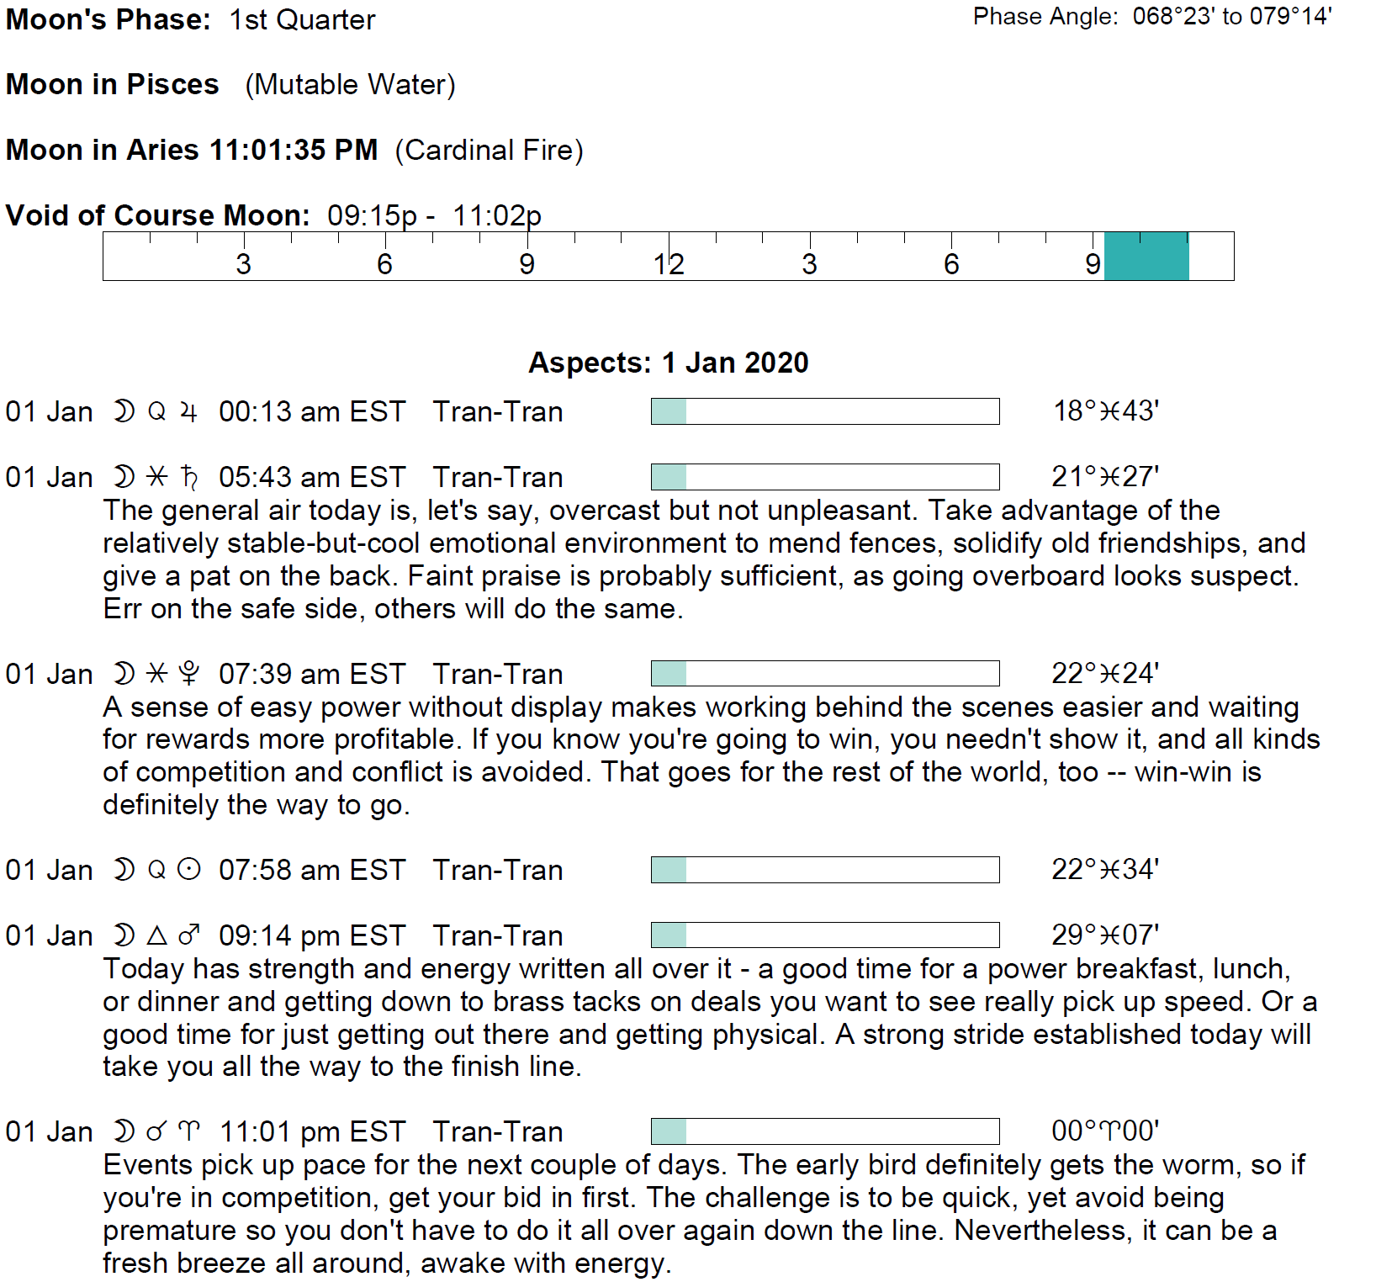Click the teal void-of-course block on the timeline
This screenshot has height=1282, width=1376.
point(1146,256)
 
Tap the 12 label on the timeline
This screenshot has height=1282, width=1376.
point(669,264)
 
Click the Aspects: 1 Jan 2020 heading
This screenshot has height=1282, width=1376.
point(669,363)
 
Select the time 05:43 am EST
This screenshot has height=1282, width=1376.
point(312,478)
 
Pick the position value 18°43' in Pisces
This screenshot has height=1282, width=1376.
point(1106,411)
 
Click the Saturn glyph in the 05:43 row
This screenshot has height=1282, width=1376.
point(190,478)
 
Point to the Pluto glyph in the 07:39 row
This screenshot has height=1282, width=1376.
point(190,674)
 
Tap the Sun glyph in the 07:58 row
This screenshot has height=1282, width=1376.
point(190,870)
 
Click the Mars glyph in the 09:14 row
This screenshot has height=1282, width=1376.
point(190,935)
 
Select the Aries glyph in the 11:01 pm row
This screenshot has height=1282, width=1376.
point(190,1132)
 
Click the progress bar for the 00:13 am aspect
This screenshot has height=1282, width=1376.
point(824,412)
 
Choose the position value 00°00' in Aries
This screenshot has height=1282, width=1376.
point(1105,1131)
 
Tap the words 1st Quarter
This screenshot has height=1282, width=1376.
point(303,20)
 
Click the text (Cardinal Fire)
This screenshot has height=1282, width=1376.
point(489,151)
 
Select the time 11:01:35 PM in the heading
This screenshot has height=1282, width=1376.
point(294,151)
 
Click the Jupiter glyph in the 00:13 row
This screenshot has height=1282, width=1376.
point(190,412)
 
